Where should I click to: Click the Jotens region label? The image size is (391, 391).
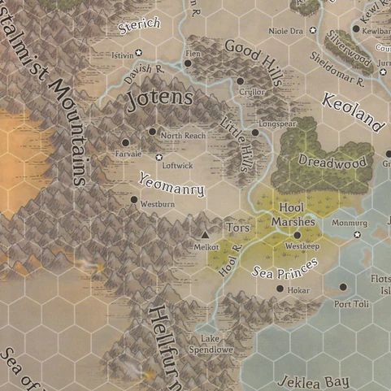160,100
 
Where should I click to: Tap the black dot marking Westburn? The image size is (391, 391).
134,198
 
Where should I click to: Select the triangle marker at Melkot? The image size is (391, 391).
205,236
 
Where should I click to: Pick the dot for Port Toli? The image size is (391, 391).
343,287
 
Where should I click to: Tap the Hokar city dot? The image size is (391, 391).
280,288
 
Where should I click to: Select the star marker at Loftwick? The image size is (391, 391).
159,157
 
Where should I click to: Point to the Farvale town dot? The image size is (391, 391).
126,142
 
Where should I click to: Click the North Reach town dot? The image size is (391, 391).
152,131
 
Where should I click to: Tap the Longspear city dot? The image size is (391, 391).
254,132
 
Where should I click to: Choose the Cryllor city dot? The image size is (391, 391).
241,81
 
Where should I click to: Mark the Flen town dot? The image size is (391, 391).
188,63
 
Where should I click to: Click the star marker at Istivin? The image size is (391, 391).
139,53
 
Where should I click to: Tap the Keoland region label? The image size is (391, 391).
352,112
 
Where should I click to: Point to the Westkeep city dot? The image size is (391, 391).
298,235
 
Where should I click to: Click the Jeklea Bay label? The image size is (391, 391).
313,381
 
